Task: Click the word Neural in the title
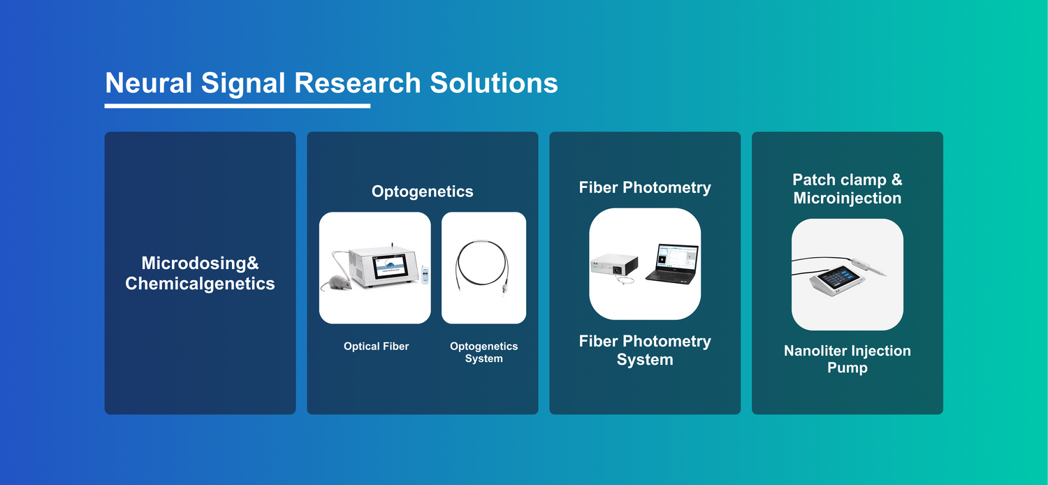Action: (148, 83)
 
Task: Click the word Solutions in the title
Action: (493, 83)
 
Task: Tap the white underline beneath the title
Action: (238, 106)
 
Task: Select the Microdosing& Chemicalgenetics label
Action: (200, 273)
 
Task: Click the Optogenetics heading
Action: (423, 191)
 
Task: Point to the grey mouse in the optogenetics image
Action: (337, 282)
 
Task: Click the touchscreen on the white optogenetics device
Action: (390, 267)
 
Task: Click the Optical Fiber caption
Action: (376, 347)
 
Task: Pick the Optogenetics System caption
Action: (483, 352)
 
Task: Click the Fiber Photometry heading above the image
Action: (645, 188)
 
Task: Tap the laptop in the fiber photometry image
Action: (672, 263)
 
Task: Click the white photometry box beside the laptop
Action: (614, 265)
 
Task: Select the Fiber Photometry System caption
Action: (645, 350)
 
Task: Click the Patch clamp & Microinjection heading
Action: (847, 189)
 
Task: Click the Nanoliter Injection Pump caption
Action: (847, 359)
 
